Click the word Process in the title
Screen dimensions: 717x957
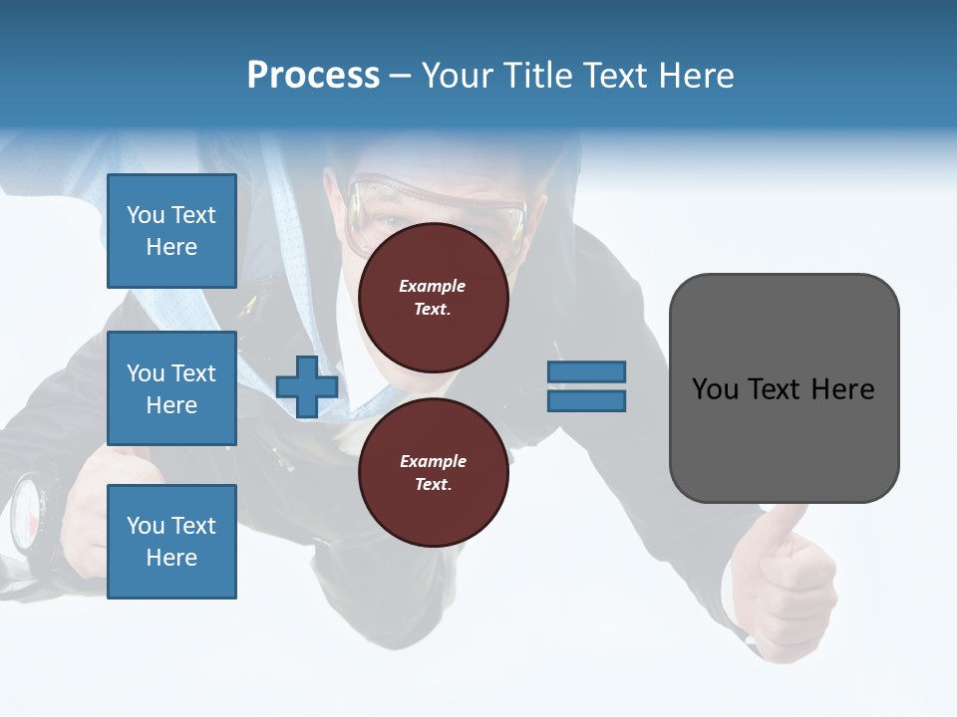coord(313,76)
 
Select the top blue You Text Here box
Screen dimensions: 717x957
coord(171,231)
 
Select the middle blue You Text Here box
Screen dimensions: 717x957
coord(171,388)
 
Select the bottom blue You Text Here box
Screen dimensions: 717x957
coord(171,541)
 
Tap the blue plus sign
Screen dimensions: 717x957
coord(306,386)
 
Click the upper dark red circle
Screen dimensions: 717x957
coord(433,298)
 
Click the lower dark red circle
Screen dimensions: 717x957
coord(433,473)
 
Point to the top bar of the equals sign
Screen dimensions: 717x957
coord(586,371)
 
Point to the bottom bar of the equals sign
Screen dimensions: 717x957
coord(586,401)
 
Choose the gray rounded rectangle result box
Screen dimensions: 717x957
coord(784,388)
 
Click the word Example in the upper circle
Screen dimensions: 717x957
coord(433,286)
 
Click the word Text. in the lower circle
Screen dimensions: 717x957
coord(433,485)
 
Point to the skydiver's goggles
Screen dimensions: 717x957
coord(439,204)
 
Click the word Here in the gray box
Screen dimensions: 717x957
coord(842,388)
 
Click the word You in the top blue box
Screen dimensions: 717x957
coord(145,215)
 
